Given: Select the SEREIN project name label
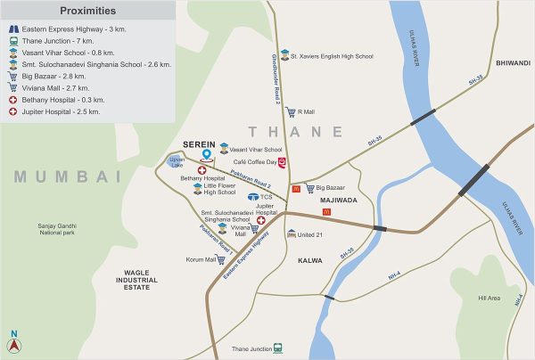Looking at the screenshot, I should point(198,143).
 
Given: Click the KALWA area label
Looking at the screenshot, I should point(316,261).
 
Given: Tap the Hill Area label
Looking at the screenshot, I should point(489,298).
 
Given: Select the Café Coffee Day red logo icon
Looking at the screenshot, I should point(283,162).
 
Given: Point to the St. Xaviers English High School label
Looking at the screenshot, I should point(333,54).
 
